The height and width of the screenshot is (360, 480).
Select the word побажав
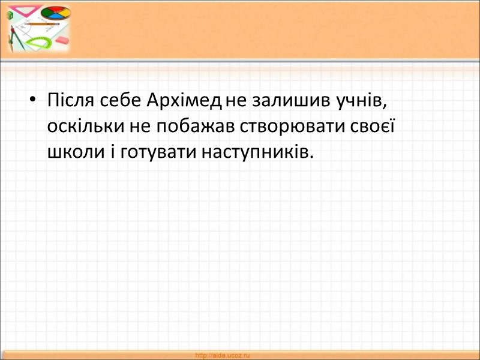tap(185, 127)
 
